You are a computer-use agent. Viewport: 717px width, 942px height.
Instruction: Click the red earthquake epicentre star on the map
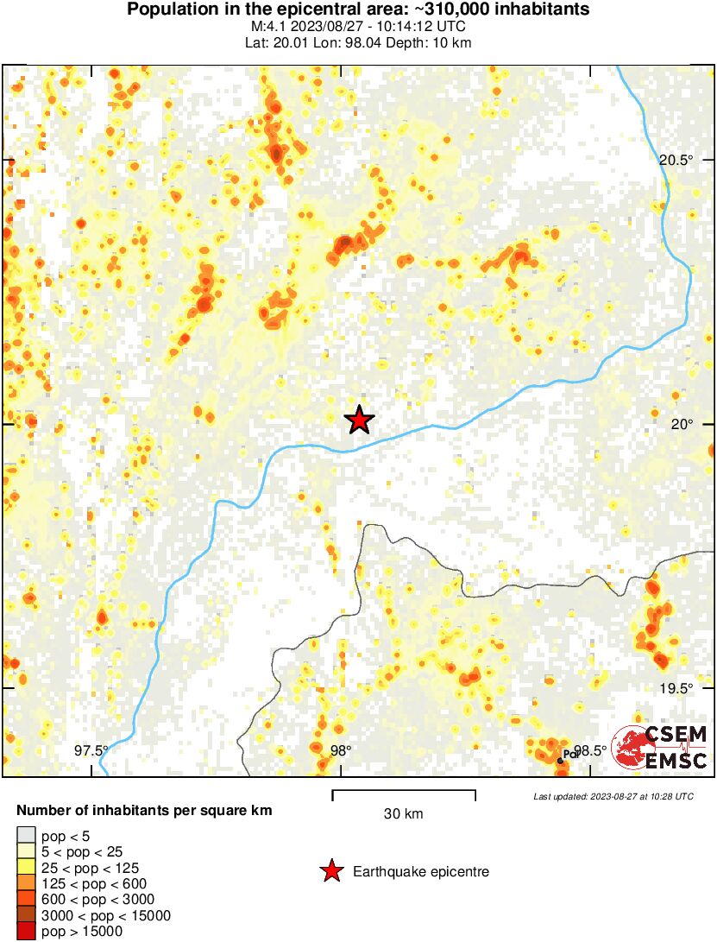click(359, 420)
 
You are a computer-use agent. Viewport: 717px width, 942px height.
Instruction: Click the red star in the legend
click(330, 872)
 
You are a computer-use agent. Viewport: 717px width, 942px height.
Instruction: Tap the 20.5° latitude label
click(676, 160)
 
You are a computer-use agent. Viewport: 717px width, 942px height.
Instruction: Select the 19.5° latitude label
click(676, 688)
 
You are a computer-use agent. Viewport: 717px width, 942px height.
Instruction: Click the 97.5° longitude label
click(91, 750)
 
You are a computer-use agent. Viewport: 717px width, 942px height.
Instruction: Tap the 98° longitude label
click(341, 750)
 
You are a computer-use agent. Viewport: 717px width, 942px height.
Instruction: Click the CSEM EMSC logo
click(660, 748)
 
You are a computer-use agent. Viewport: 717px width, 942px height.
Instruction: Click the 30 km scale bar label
click(403, 813)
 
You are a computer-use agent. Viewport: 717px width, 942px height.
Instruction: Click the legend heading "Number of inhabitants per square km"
click(145, 811)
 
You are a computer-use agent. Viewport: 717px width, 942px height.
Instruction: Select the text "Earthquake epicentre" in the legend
click(421, 872)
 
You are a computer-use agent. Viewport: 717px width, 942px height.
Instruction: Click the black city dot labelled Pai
click(560, 760)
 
